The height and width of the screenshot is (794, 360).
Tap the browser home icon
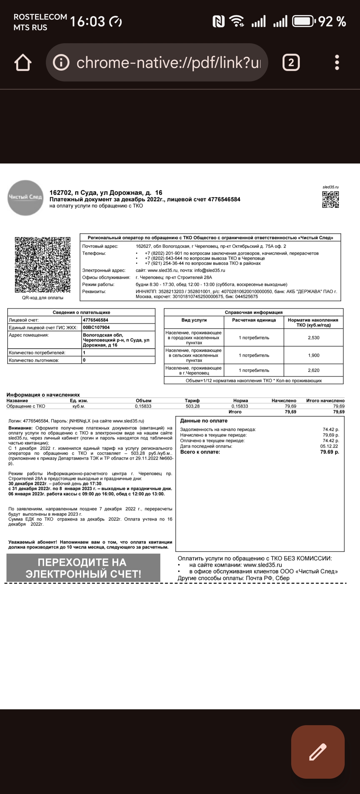(23, 63)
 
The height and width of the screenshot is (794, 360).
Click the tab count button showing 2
(291, 63)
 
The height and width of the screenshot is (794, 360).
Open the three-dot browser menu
(337, 63)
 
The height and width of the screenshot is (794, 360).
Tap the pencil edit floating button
(318, 751)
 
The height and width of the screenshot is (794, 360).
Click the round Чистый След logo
(25, 197)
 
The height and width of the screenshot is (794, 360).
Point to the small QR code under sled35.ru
(330, 199)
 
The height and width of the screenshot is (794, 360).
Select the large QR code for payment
(43, 265)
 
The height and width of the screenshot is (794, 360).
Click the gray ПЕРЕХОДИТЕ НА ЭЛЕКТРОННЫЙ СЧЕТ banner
(83, 568)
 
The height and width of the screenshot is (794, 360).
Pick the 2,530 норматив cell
(314, 338)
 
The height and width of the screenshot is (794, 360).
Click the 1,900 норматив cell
(314, 355)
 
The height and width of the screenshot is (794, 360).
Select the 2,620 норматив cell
(314, 370)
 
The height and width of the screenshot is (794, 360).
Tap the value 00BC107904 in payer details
(96, 327)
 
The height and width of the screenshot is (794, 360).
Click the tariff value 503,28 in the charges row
(193, 406)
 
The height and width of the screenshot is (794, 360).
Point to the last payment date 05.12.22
(329, 446)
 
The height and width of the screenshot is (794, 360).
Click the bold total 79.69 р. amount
(329, 452)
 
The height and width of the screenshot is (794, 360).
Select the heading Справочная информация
(253, 312)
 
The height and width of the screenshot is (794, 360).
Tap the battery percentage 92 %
(332, 21)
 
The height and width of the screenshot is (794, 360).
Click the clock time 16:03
(88, 21)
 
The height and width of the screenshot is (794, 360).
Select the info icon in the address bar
(61, 63)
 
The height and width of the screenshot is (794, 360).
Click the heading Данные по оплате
(204, 421)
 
